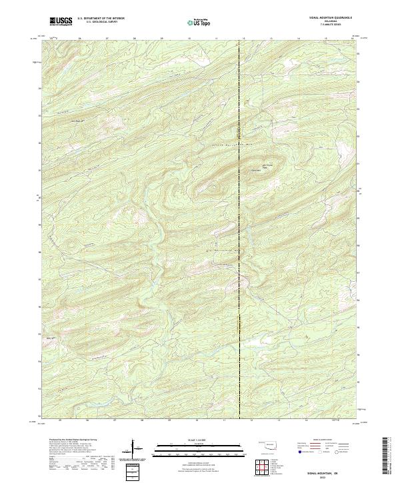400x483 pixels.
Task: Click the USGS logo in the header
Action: click(61, 21)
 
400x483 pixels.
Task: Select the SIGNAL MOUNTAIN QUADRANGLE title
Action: click(327, 18)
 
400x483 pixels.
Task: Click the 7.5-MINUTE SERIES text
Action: click(327, 26)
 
